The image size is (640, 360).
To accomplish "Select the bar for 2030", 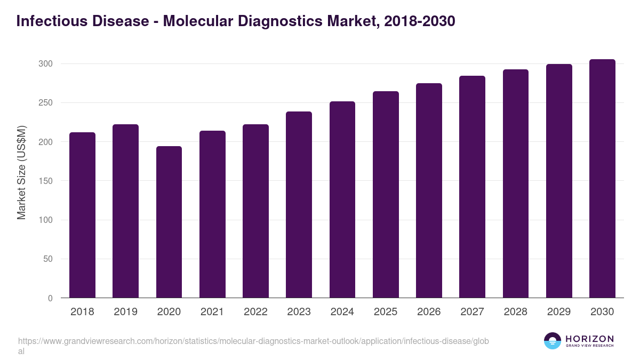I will pos(602,179).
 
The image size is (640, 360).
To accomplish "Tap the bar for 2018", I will pos(82,215).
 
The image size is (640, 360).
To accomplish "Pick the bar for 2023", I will pos(299,205).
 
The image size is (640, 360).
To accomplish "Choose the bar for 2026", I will pos(429,190).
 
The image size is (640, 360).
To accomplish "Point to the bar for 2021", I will pos(212,214).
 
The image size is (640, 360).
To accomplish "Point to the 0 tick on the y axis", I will pos(50,299).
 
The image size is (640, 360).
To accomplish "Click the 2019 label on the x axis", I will pos(125,312).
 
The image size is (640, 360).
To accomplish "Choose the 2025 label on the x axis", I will pos(386,312).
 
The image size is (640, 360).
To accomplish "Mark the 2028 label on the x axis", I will pos(515,312).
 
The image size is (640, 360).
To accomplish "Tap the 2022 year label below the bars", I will pos(255,312).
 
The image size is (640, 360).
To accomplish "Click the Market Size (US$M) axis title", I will pos(21,173).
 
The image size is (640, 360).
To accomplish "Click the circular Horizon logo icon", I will pos(553,341).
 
